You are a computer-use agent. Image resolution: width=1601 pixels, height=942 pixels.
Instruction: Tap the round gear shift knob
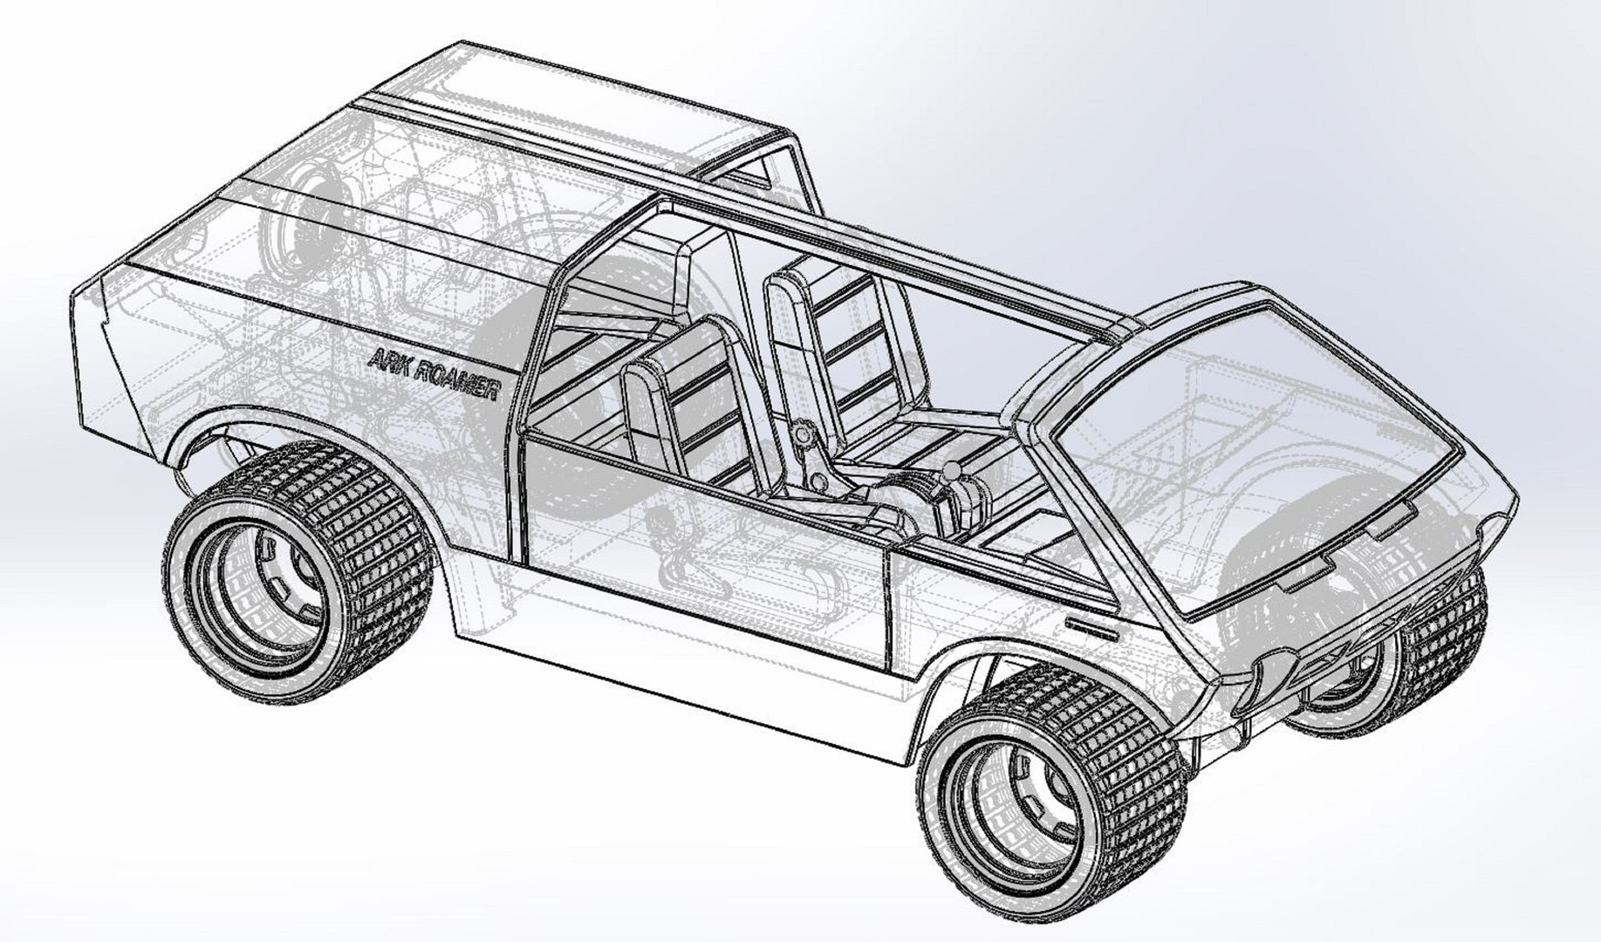(953, 472)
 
